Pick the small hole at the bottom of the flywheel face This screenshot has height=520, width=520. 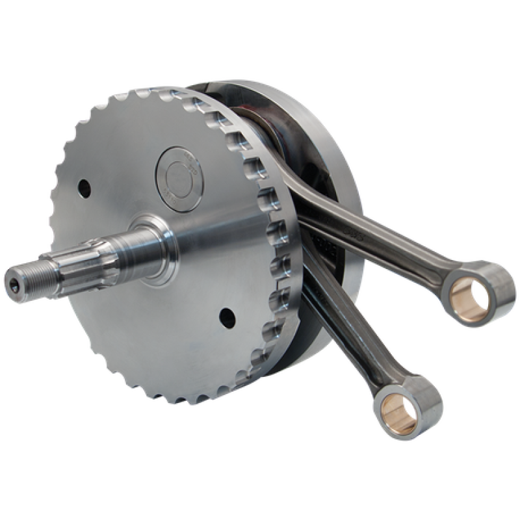pos(226,317)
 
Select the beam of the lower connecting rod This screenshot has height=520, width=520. pos(338,318)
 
